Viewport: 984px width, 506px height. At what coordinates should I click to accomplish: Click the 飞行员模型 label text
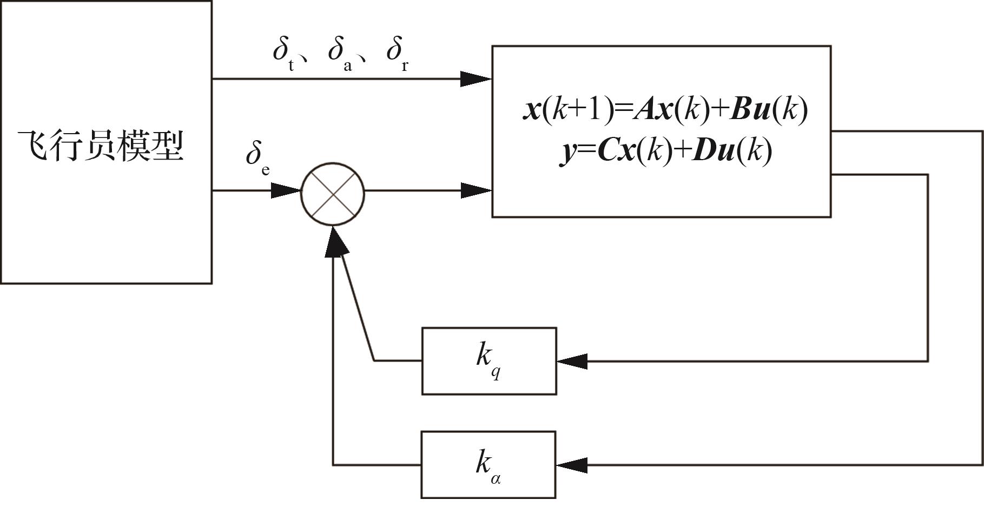coord(102,146)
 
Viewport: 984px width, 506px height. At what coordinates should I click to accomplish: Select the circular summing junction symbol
coord(333,193)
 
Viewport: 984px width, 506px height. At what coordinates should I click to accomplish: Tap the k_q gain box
coord(489,361)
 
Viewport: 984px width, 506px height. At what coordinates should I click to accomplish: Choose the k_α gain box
coord(488,464)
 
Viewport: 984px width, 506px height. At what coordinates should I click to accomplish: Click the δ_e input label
coord(257,156)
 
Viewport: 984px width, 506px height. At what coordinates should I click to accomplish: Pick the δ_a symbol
coord(339,54)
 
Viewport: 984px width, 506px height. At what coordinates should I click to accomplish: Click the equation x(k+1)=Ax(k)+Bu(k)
coord(665,110)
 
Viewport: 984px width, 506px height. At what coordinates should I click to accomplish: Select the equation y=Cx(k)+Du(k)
coord(665,151)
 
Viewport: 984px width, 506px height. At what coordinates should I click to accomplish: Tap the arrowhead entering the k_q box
coord(572,361)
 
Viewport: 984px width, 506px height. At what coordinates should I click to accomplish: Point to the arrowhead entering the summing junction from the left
coord(285,190)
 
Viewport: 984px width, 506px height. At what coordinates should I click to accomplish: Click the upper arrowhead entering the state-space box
coord(476,79)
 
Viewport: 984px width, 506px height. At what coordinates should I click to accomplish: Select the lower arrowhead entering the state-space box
coord(476,190)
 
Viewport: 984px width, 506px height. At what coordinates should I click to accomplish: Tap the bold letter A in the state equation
coord(645,110)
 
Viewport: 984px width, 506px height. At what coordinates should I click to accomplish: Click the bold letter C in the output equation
coord(609,151)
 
